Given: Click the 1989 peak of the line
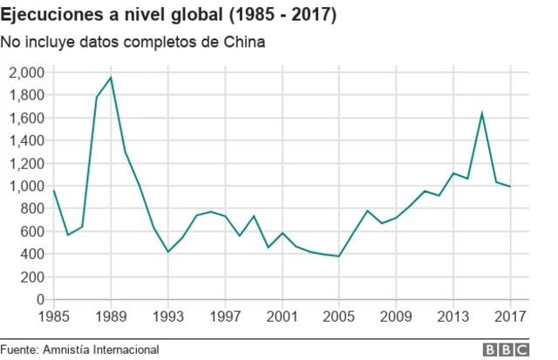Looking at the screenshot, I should point(111,78).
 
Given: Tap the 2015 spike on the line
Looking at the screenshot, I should point(482,112).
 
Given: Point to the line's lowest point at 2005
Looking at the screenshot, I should point(338,256).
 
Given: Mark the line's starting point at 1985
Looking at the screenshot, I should point(54,191).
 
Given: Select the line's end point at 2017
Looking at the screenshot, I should point(510,187).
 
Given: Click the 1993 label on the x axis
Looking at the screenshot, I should point(168,316).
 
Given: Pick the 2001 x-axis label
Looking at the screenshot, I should point(282,316).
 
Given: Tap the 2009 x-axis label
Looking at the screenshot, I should point(396,316).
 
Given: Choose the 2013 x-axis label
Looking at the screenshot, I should point(453,316).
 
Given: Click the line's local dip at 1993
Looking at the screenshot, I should point(168,252).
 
